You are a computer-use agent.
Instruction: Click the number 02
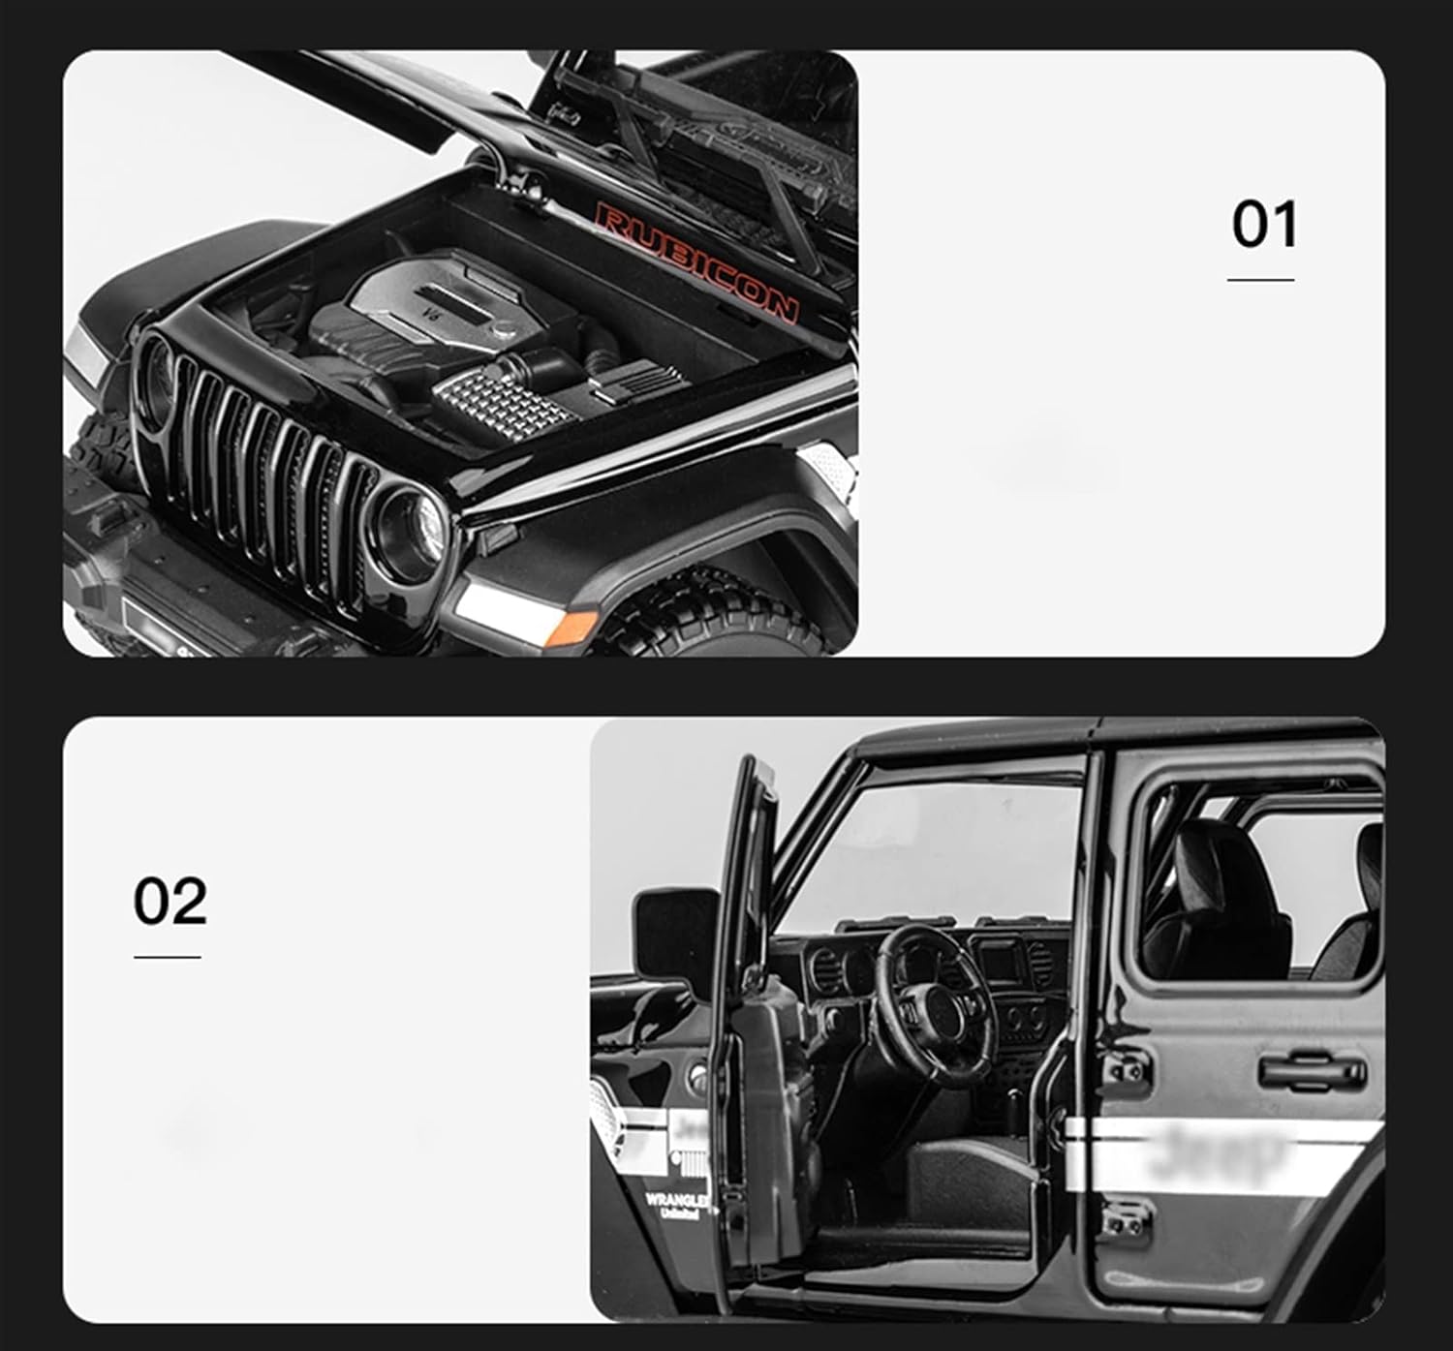170,901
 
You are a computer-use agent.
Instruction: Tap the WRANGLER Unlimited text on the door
676,1205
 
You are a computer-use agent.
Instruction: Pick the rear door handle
1313,1071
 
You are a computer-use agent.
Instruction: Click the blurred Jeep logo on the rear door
1225,1152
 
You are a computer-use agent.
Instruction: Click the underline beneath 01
1260,280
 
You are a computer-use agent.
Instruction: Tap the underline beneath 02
168,957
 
